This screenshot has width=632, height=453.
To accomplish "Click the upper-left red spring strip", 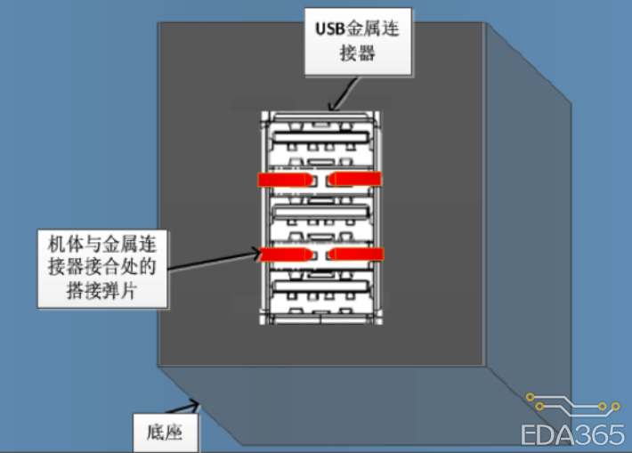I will tap(284, 180).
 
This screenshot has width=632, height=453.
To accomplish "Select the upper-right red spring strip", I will tap(356, 180).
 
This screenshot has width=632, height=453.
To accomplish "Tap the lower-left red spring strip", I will tap(284, 255).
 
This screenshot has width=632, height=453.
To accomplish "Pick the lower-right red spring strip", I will tap(356, 255).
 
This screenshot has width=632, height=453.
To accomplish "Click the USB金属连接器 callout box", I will tap(358, 41).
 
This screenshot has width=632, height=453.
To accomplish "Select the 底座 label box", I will tap(165, 433).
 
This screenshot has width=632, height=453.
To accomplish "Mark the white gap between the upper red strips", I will tap(320, 180).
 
